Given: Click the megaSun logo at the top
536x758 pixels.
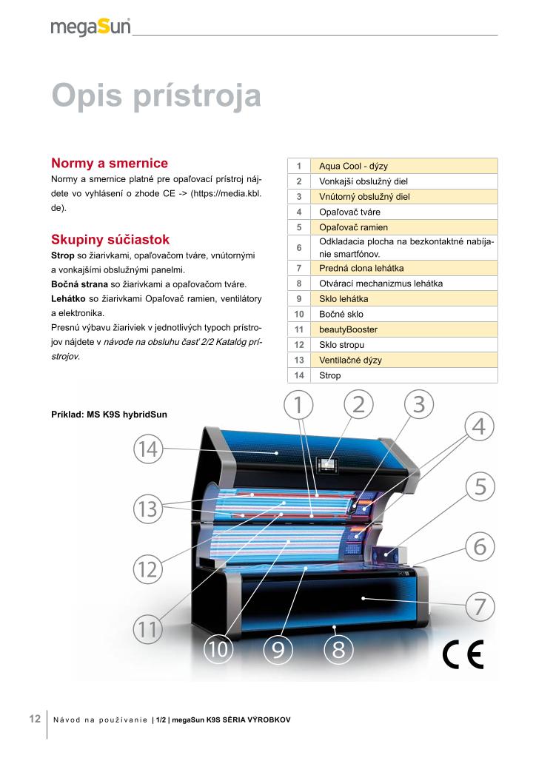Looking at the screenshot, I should point(90,27).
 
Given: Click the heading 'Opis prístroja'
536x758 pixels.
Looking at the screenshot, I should point(156,97).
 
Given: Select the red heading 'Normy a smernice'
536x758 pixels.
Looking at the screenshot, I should point(110,163).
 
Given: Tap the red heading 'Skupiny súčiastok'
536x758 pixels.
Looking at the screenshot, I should point(111,239).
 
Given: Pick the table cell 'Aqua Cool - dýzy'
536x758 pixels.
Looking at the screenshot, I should point(358,166).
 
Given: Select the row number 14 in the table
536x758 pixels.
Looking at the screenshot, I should point(298,375).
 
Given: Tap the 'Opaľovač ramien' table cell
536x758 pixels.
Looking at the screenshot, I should point(353,227).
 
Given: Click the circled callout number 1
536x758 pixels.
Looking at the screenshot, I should point(298,405).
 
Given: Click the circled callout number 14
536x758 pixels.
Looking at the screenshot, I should point(148,449).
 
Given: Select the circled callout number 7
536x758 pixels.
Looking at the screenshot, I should point(480,606).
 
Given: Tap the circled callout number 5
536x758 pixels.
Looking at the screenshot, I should point(480,487).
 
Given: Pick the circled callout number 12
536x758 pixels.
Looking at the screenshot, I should point(148,569).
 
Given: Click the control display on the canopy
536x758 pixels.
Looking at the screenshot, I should point(327,464).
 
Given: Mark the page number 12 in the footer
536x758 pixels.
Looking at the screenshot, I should point(35,720).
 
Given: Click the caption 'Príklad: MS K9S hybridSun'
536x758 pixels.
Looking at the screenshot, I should point(109,414).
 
